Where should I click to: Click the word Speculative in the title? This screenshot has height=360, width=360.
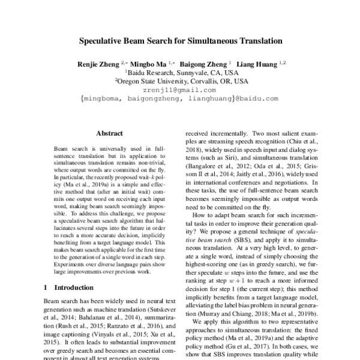104,43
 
